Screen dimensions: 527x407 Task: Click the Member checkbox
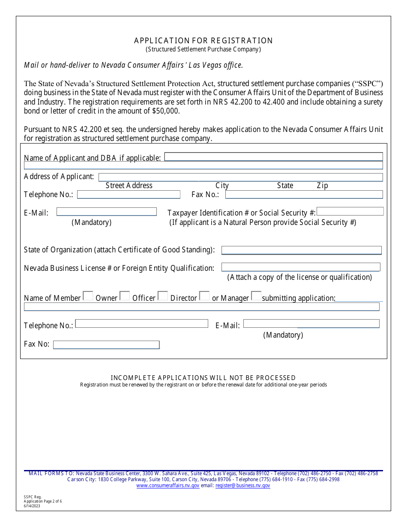[x=88, y=296]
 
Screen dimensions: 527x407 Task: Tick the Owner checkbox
[x=125, y=296]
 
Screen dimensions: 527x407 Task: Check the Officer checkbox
[x=163, y=296]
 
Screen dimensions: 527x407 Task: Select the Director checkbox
[x=204, y=296]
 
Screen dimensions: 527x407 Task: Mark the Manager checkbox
[x=256, y=296]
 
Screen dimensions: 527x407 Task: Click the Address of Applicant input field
[x=240, y=177]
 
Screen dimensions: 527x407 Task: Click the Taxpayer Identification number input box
[x=350, y=211]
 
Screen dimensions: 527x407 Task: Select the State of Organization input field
[x=301, y=250]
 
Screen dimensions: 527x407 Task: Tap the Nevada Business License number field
[x=301, y=267]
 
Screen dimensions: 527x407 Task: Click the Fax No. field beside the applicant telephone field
[x=304, y=195]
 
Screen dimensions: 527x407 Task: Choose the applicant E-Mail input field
[x=107, y=212]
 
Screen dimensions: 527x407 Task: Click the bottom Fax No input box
[x=106, y=345]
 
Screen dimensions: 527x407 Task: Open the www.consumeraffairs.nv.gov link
[x=168, y=486]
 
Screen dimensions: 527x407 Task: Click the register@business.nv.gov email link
[x=242, y=486]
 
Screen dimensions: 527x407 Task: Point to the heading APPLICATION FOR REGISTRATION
[x=203, y=41]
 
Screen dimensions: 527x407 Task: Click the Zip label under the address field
[x=322, y=186]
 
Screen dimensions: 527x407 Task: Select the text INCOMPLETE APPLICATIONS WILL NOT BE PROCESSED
[x=203, y=377]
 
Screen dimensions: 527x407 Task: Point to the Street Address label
[x=129, y=186]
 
